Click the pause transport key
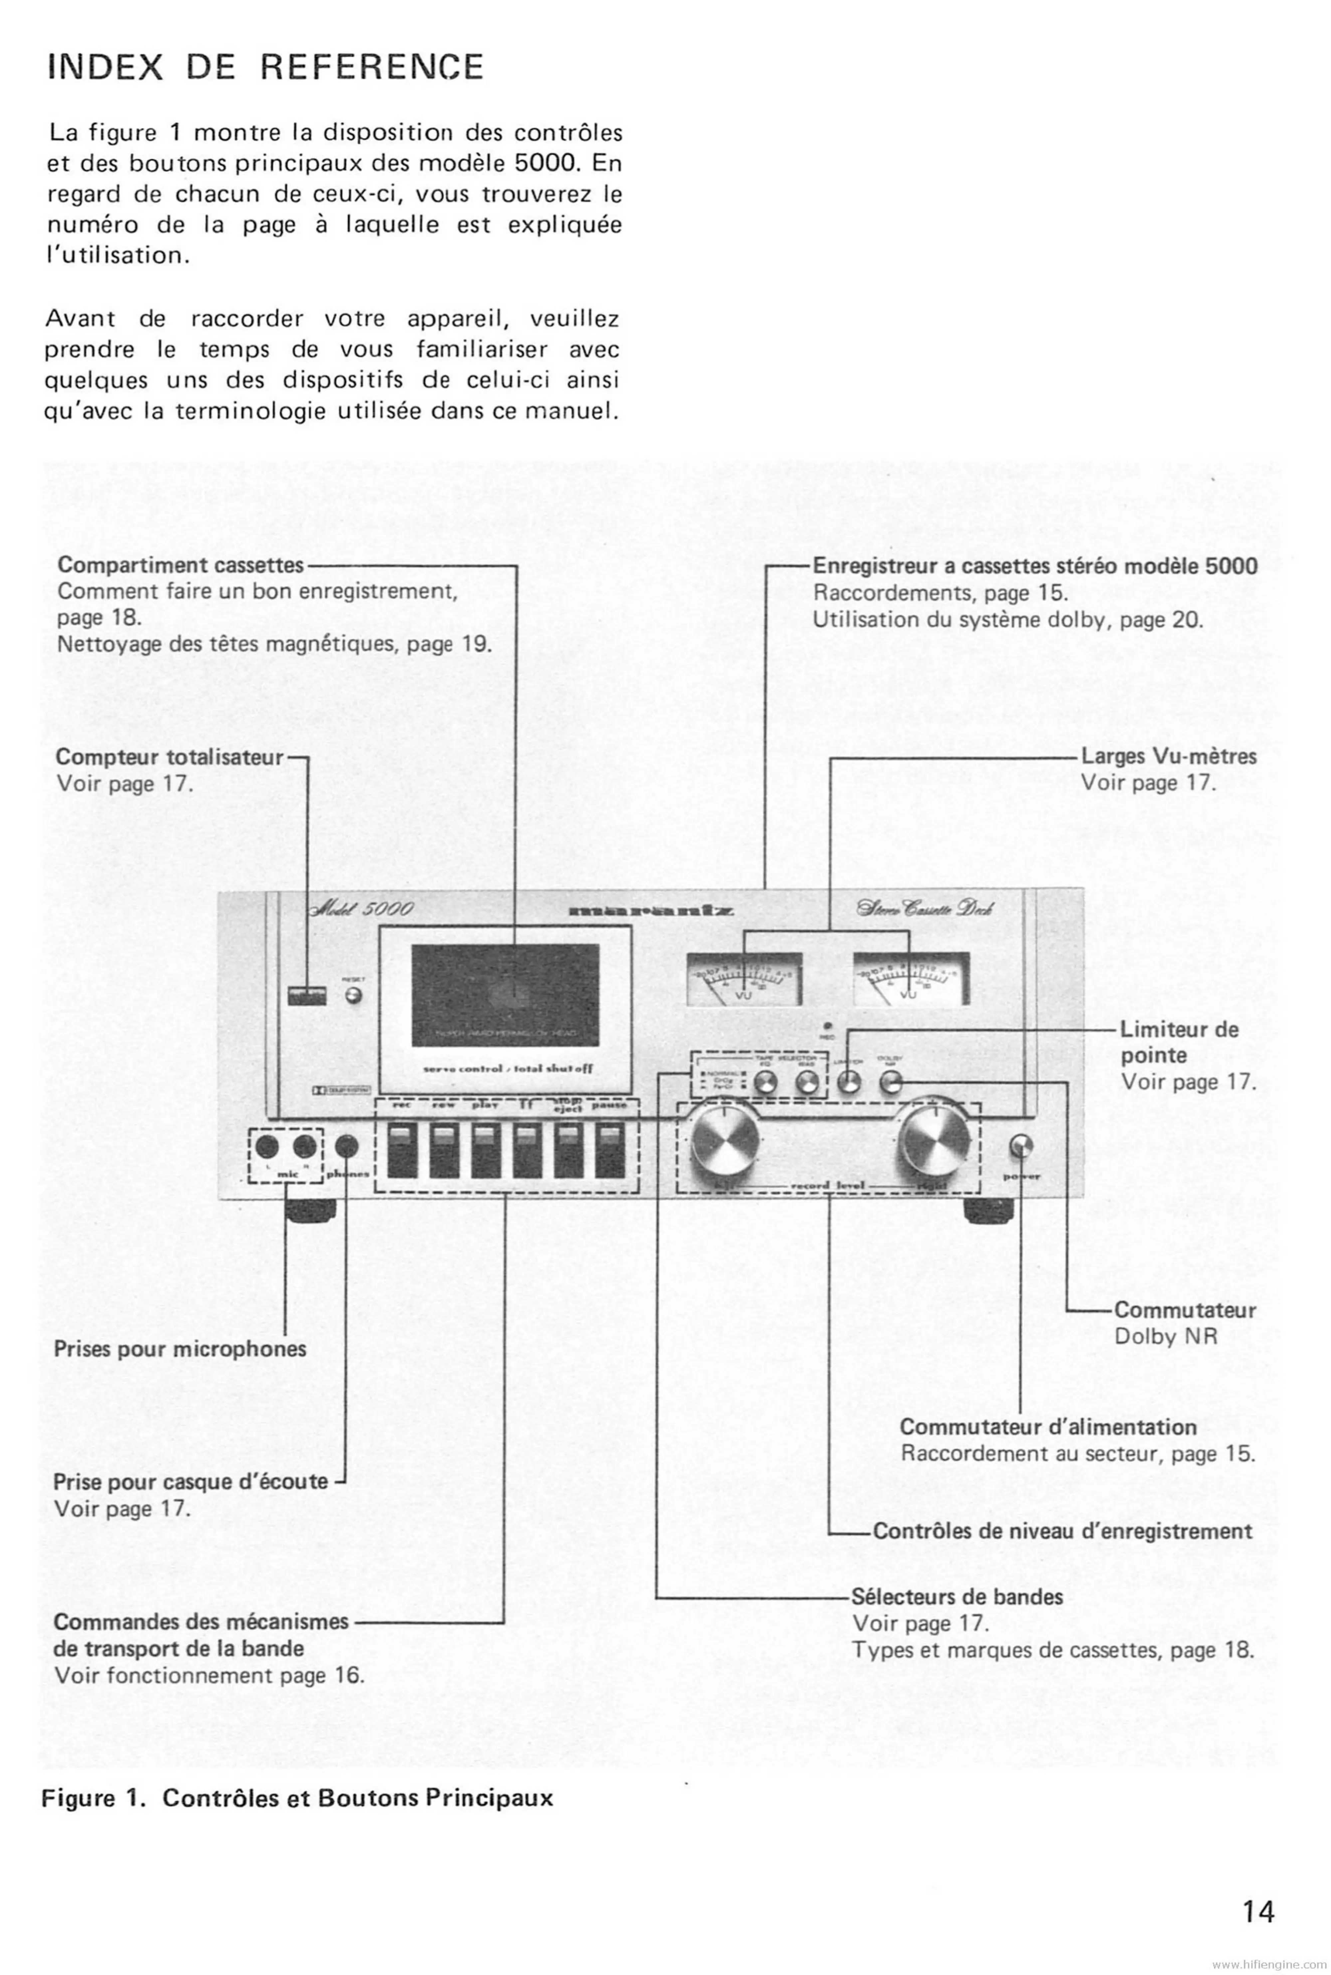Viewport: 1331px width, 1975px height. point(610,1150)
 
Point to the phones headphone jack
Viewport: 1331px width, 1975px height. point(346,1147)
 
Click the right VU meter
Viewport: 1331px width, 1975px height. point(910,979)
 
